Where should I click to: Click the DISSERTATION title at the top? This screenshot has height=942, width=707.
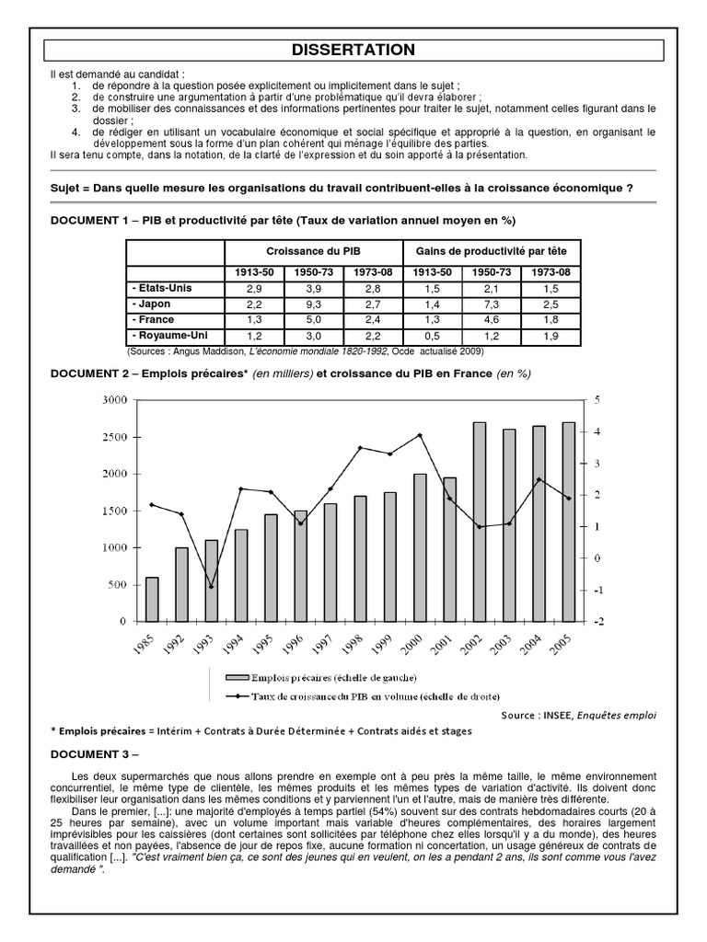(x=353, y=50)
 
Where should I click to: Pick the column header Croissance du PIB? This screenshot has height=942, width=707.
(x=313, y=250)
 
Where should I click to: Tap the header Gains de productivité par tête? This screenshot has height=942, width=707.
(x=492, y=250)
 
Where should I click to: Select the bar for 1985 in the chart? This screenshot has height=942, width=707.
(x=152, y=599)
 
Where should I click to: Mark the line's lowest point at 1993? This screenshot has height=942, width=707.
(x=211, y=587)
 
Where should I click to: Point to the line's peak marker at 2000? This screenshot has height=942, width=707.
(x=420, y=435)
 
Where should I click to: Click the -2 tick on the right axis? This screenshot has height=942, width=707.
(x=600, y=622)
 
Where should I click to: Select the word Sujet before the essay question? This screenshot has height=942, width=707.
(x=69, y=189)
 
